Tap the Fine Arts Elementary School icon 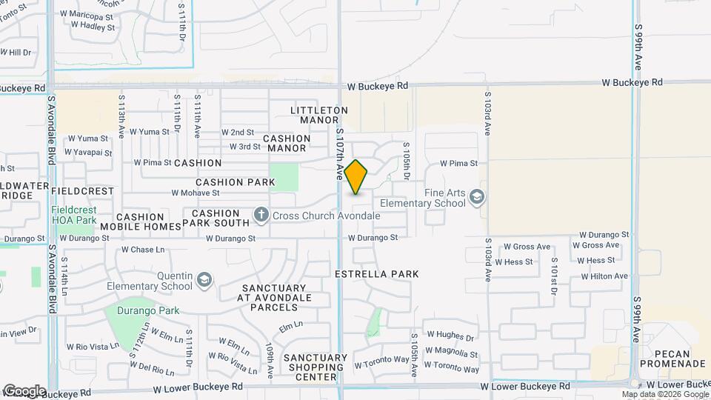coord(477,197)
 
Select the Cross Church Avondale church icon coord(261,216)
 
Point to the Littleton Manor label coord(319,115)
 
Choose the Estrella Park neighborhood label coord(377,274)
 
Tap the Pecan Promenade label coord(672,358)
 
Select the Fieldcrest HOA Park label coord(74,215)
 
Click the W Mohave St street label coord(196,193)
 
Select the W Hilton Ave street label coord(604,276)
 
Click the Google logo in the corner coord(24,391)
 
